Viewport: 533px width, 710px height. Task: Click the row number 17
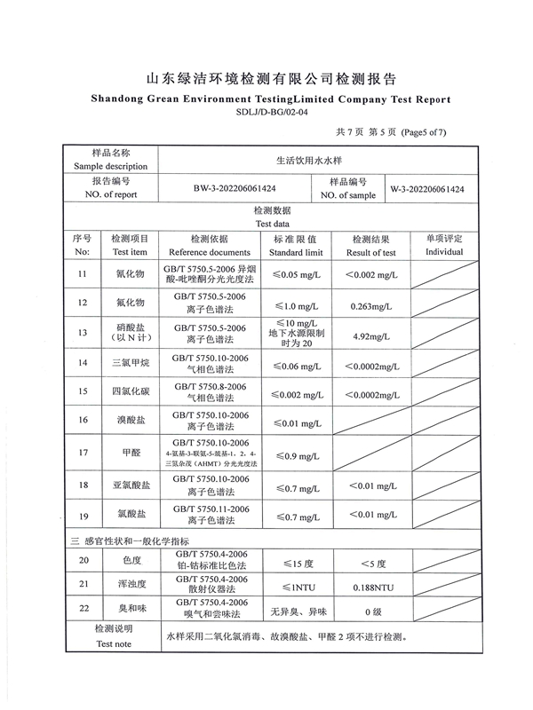tap(83, 452)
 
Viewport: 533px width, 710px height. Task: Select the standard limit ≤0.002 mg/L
tap(296, 391)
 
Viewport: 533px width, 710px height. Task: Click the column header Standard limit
tap(296, 253)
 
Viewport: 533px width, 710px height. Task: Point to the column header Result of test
tap(371, 253)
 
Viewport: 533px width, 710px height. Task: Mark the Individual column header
tap(444, 253)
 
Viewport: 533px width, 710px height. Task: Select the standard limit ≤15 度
tap(296, 561)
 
